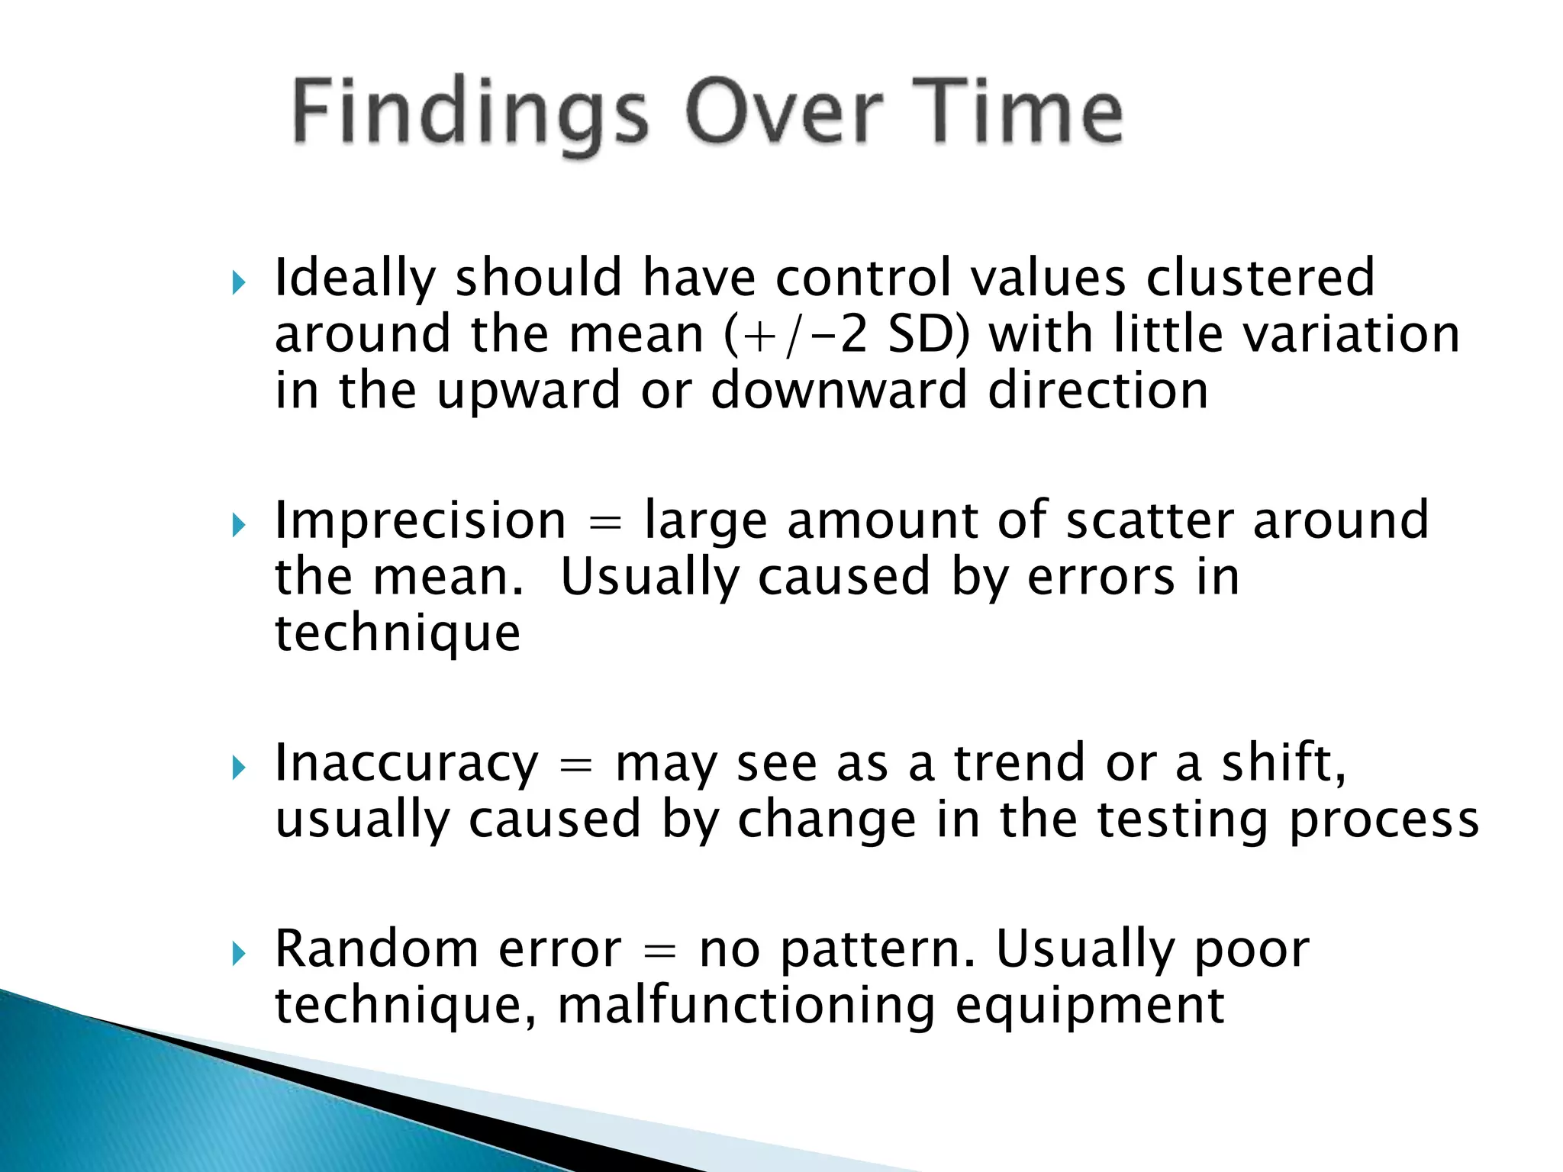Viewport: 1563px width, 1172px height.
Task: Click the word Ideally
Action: (x=354, y=279)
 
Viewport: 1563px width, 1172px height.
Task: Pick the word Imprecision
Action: (x=420, y=521)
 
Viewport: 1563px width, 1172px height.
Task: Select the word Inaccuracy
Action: (x=406, y=764)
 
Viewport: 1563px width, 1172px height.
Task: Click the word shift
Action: (x=1282, y=762)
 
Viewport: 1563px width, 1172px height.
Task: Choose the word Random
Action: (x=375, y=949)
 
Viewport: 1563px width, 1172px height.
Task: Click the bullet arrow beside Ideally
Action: (x=239, y=283)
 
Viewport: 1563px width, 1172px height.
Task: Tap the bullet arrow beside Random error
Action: (x=239, y=953)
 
